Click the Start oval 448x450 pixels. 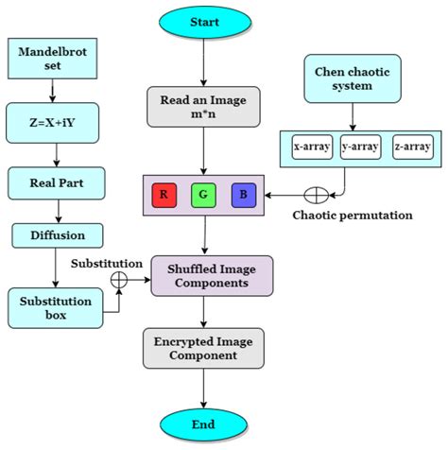[202, 21]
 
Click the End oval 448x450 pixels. [202, 423]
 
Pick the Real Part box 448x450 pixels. [54, 182]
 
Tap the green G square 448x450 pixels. [202, 196]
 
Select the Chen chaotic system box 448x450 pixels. [352, 79]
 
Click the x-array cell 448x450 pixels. [311, 147]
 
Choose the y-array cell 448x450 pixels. [361, 147]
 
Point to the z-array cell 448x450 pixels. [411, 147]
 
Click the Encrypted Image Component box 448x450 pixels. [202, 349]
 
